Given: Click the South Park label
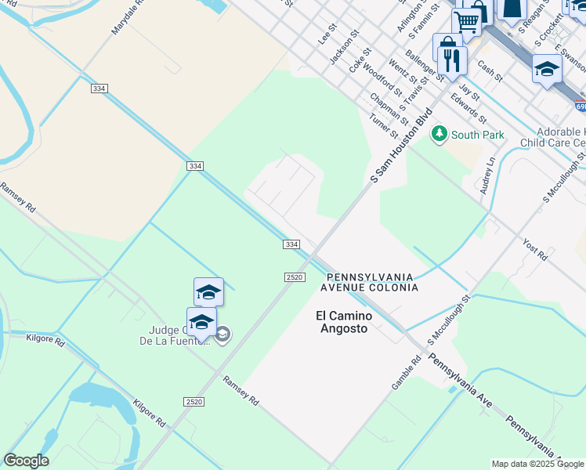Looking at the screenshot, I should point(478,136).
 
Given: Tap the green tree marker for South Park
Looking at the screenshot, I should point(439,135).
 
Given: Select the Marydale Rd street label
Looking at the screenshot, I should point(128,16).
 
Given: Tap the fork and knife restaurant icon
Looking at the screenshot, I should point(451,60).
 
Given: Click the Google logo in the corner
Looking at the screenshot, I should point(26,461).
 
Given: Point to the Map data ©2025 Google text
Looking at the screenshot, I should point(537,464).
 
